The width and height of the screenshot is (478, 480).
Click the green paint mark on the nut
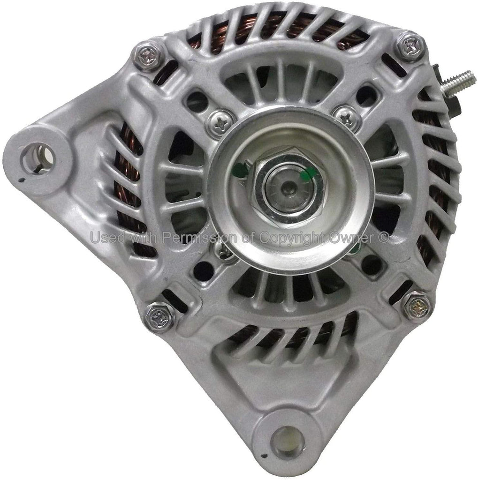307,175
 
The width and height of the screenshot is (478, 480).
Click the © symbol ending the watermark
383,238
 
